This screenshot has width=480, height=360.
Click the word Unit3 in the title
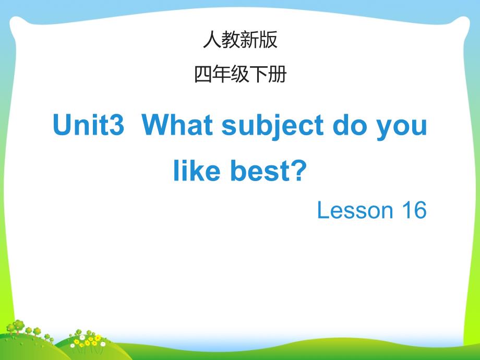coord(89,125)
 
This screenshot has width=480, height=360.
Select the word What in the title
coord(177,125)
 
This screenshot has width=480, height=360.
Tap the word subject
coord(272,127)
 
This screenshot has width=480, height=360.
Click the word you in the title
coord(401,128)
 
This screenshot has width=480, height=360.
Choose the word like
coord(197,170)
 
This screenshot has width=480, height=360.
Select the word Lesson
coord(355,210)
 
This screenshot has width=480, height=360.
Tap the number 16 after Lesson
coord(414,210)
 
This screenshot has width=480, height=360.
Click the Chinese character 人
coord(212,40)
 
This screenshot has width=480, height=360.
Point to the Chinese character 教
coord(231,40)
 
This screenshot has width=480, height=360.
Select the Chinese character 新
coord(249,40)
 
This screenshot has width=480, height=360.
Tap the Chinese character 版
coord(268,40)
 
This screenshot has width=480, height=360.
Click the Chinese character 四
coord(203,75)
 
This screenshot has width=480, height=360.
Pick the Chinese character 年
coord(221,74)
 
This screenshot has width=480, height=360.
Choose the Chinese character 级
coord(240,74)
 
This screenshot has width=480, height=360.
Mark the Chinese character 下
coord(259,75)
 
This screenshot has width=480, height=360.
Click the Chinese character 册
coord(278,74)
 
